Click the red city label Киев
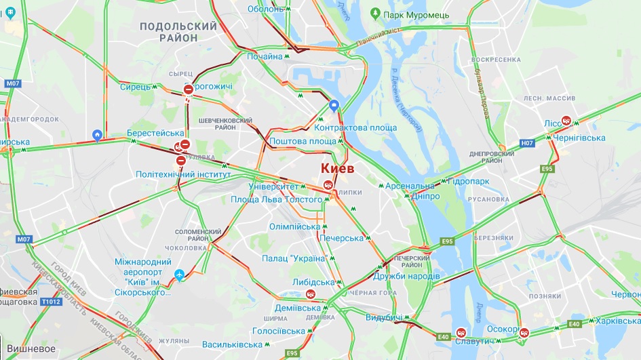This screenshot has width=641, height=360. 337,168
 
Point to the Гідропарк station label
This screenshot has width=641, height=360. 469,182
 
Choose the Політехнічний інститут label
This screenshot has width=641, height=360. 183,174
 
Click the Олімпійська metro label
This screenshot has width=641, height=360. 294,226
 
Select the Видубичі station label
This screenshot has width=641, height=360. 383,318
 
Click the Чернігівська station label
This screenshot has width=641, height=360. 579,138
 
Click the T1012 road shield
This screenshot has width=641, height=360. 50,302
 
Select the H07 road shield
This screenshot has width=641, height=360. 527,143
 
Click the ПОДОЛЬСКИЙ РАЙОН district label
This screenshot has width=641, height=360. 178,32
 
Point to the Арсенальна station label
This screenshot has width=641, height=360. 410,186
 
